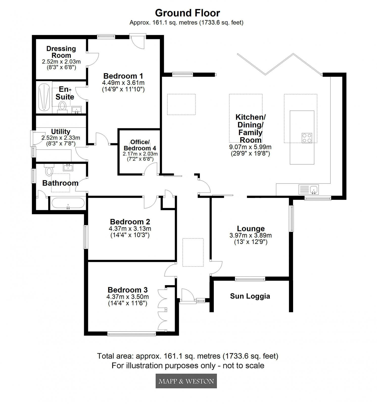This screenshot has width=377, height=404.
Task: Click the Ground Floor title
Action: point(187,13)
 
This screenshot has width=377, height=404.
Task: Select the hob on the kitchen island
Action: point(307,138)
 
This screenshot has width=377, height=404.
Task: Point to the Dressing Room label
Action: point(61,52)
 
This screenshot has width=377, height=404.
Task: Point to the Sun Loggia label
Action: point(250,296)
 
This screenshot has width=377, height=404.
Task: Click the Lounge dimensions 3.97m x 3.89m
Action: point(250,235)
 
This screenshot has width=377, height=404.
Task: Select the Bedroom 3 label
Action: point(128,290)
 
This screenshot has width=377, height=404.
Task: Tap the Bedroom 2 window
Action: point(86,237)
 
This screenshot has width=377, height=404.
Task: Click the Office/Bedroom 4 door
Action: point(151,169)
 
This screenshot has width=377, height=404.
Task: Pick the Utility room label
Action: point(61,132)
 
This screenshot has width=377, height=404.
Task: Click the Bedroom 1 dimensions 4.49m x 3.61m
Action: point(123,83)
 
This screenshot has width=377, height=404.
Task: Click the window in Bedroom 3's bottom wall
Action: point(132,334)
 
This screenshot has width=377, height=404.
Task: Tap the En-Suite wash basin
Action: point(76,109)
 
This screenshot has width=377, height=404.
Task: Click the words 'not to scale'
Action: point(243,365)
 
